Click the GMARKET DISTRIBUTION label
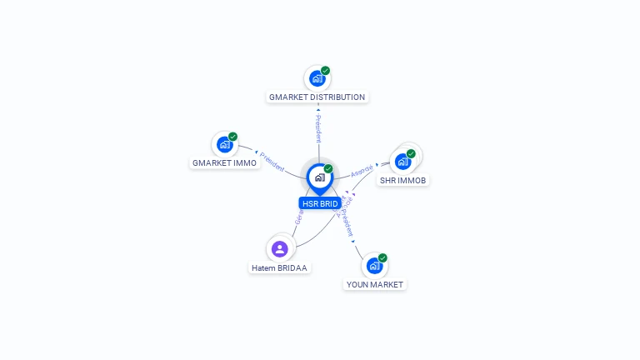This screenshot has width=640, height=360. (x=317, y=97)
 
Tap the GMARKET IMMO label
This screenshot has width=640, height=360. (x=224, y=163)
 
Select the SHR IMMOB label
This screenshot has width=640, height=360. (x=403, y=180)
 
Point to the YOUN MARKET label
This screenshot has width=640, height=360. (x=374, y=285)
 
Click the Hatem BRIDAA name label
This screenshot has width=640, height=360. (x=279, y=268)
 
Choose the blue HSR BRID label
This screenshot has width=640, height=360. (x=320, y=203)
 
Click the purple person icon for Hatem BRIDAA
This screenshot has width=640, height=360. (x=280, y=248)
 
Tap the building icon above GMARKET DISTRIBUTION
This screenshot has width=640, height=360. (x=317, y=79)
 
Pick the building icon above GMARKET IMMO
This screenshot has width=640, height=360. (x=224, y=144)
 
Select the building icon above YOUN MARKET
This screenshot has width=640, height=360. (x=374, y=266)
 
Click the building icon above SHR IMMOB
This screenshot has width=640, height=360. (x=402, y=161)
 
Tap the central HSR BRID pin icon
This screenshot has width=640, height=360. (x=319, y=177)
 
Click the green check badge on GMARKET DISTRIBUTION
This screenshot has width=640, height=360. (x=326, y=71)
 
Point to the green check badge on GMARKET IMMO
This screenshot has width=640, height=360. (x=233, y=136)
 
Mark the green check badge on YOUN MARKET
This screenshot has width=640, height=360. (x=382, y=258)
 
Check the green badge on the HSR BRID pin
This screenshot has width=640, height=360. (x=328, y=169)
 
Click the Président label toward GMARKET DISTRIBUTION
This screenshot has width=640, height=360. (x=318, y=129)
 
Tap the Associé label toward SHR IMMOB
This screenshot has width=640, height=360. (x=362, y=170)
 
